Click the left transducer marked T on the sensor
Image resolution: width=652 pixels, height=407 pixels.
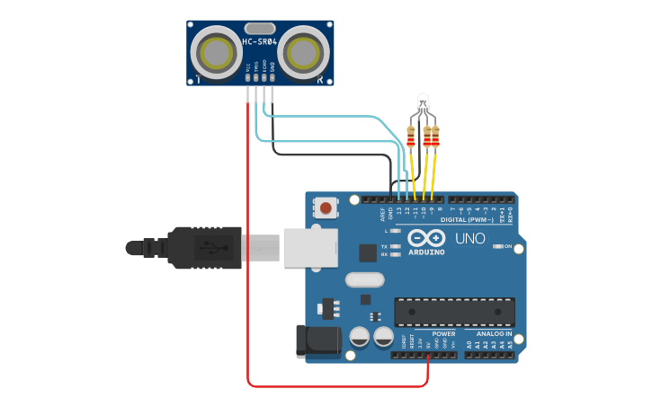(x=219, y=54)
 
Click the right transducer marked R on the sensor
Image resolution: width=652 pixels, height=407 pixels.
(x=302, y=54)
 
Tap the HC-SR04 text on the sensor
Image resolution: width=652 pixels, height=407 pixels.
(x=260, y=41)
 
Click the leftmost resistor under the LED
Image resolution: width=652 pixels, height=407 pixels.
(x=411, y=137)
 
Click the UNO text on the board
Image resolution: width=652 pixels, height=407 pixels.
(x=469, y=238)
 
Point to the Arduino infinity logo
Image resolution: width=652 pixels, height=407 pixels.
(x=425, y=238)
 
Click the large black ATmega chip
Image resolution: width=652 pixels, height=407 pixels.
(x=454, y=311)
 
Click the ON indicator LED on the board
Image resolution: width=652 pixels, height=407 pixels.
(x=497, y=246)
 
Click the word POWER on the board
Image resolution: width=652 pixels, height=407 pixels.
(x=443, y=333)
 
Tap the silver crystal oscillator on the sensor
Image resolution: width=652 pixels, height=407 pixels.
(x=259, y=28)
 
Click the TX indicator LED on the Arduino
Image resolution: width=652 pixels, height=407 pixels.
(x=395, y=246)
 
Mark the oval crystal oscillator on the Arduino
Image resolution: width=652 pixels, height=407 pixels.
(x=363, y=279)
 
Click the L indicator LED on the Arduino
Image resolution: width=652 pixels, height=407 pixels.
(x=395, y=231)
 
